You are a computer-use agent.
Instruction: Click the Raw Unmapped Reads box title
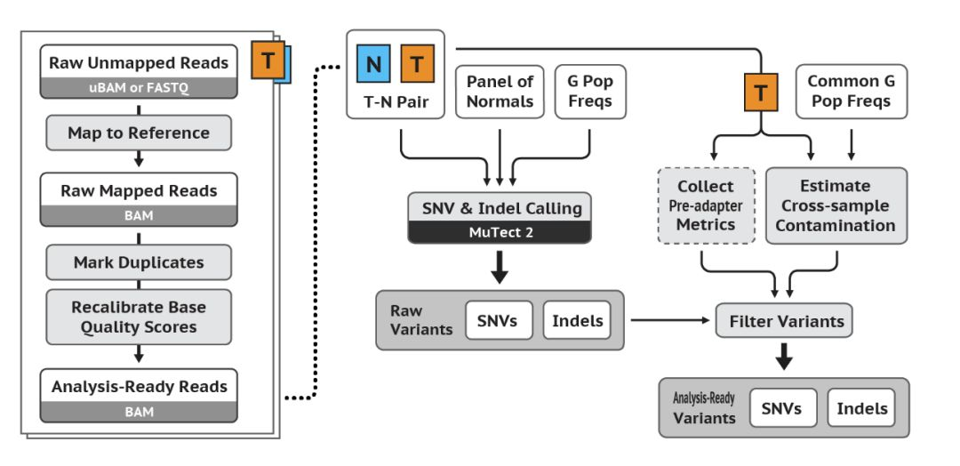138,63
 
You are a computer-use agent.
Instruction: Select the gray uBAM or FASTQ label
138,87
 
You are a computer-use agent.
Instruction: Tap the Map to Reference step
138,133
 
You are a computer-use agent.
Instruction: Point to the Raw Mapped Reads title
138,190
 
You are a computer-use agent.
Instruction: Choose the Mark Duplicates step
138,262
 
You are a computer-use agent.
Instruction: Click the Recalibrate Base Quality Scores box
138,317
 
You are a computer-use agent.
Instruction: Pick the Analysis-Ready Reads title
138,387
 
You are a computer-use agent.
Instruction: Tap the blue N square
373,64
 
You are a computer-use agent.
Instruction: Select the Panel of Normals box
500,91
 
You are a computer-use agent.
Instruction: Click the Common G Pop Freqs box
851,91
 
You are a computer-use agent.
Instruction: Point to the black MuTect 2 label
500,232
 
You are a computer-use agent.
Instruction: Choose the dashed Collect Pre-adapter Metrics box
706,205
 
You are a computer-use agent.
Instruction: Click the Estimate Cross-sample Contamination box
836,205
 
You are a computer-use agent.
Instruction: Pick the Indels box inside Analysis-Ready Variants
861,408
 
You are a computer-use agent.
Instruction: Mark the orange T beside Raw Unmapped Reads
268,60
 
